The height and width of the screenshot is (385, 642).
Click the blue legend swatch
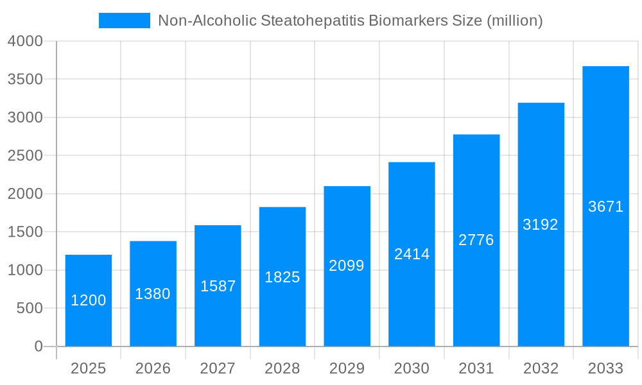tap(124, 21)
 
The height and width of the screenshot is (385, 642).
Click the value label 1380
tap(153, 294)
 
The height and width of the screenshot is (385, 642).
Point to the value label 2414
tap(412, 254)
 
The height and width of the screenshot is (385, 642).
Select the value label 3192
tap(541, 225)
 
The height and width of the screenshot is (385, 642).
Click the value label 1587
tap(218, 286)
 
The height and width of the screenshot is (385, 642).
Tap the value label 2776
tap(476, 240)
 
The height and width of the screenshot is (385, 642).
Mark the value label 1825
tap(282, 277)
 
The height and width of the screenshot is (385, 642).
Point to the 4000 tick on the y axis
tap(25, 41)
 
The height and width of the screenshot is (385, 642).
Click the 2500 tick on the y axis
tap(25, 156)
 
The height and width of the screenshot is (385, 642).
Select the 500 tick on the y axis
tap(29, 309)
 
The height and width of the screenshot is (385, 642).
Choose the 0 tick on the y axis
tap(38, 346)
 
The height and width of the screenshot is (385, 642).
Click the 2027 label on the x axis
tap(218, 368)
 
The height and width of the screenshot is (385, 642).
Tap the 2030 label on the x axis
tap(412, 368)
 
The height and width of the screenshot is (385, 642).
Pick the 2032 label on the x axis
tap(541, 368)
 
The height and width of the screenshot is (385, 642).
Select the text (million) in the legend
tap(515, 21)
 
